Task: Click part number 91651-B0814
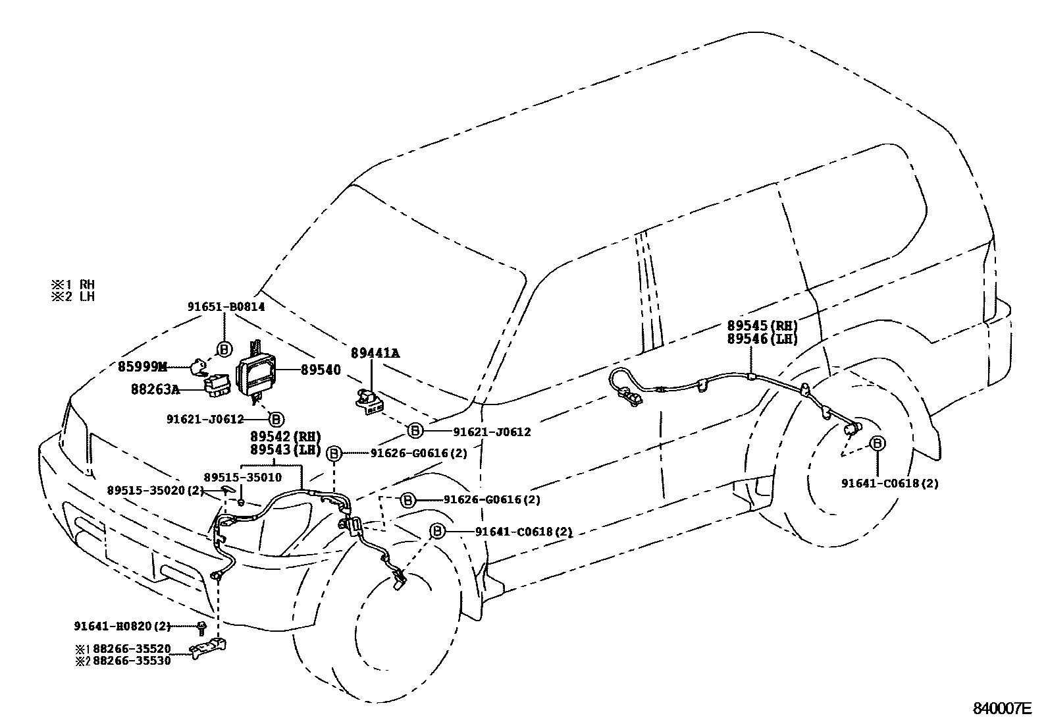pyautogui.click(x=226, y=306)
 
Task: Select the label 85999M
pyautogui.click(x=143, y=367)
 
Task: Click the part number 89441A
pyautogui.click(x=375, y=353)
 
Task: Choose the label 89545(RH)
pyautogui.click(x=762, y=325)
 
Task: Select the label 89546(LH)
pyautogui.click(x=762, y=339)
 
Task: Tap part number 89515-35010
pyautogui.click(x=242, y=477)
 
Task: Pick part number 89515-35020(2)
pyautogui.click(x=155, y=489)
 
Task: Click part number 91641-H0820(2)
pyautogui.click(x=122, y=626)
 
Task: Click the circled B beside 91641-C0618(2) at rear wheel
pyautogui.click(x=878, y=443)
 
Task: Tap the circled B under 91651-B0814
pyautogui.click(x=224, y=348)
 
